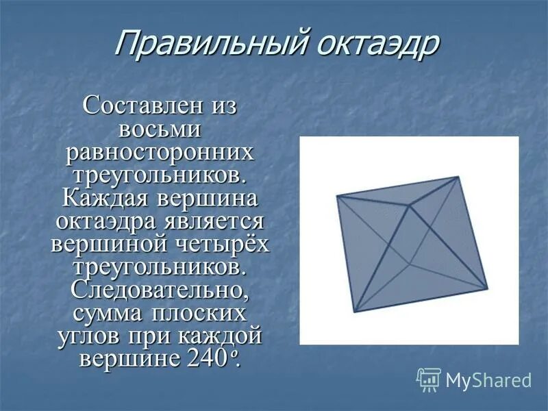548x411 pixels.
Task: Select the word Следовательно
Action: click(160, 290)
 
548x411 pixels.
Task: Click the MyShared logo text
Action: click(488, 379)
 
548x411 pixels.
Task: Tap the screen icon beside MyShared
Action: click(429, 379)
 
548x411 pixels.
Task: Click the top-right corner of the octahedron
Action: click(458, 177)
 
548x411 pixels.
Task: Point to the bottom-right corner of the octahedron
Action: click(488, 288)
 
